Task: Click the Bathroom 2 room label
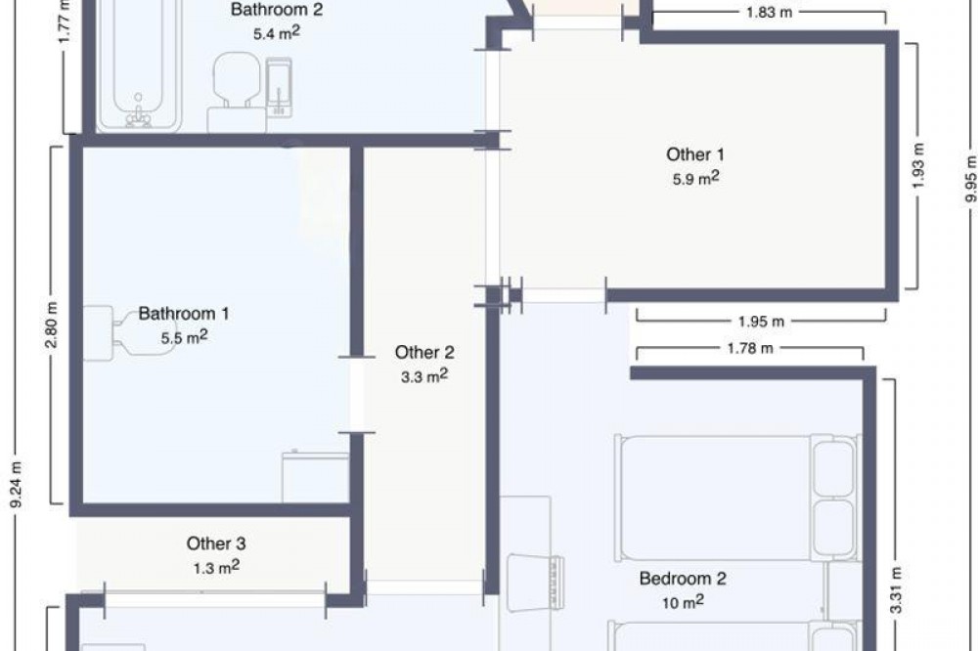(x=277, y=10)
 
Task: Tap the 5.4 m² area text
(x=277, y=33)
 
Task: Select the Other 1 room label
(x=695, y=154)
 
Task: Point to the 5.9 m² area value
(x=695, y=178)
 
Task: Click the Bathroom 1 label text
(x=184, y=313)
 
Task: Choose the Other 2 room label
(x=424, y=352)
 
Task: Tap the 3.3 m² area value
(x=424, y=376)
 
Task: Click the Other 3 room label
(x=216, y=543)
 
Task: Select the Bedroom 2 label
(x=683, y=578)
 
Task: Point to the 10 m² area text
(x=683, y=602)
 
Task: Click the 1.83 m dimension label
(x=769, y=12)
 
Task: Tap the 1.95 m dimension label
(x=761, y=322)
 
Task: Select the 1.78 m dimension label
(x=750, y=348)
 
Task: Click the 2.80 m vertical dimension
(x=52, y=325)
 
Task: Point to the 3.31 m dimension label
(x=896, y=589)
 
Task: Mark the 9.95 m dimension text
(x=970, y=178)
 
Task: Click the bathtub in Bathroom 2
(x=139, y=65)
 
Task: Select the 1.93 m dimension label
(x=918, y=166)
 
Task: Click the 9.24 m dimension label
(x=17, y=485)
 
